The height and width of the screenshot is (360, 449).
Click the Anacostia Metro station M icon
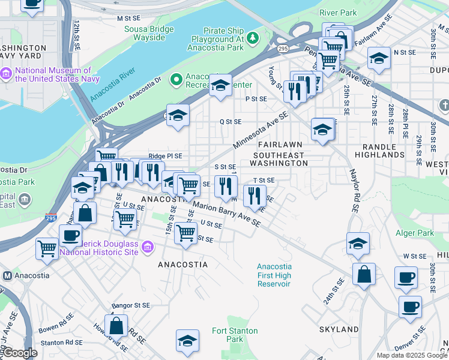coord(8,275)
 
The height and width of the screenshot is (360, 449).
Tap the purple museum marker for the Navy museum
coord(7,74)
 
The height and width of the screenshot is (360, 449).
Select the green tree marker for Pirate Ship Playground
coord(253,39)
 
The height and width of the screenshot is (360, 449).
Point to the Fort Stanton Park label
coord(235,335)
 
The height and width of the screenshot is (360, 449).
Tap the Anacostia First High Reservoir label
coord(274,275)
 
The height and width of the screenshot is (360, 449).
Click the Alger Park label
coord(414,233)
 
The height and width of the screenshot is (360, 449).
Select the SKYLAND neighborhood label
coord(339,329)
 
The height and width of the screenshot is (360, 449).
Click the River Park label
coord(338,13)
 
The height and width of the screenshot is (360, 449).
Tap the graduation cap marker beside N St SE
coord(378,59)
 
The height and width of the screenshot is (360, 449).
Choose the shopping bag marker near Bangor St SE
coord(116,326)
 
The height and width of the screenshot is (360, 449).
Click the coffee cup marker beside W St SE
coord(405,278)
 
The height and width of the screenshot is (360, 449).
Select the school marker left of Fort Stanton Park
coord(187,340)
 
